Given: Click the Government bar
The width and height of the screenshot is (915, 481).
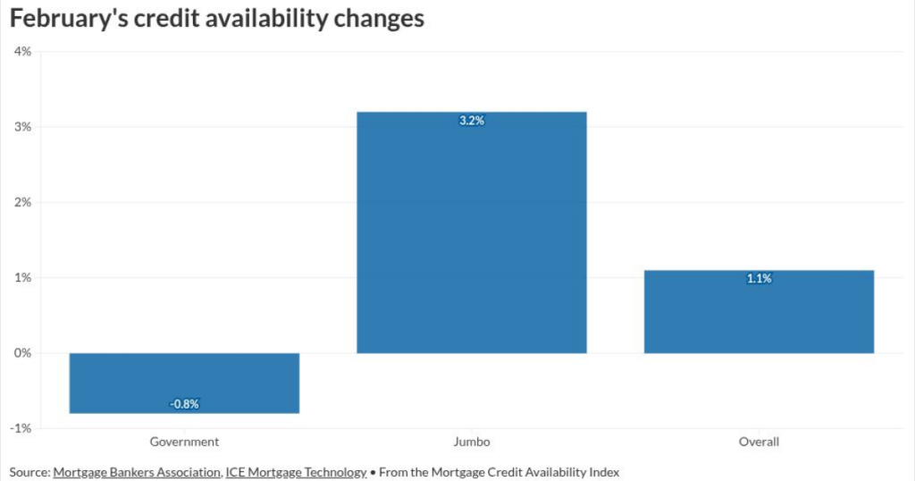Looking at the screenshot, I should (184, 383).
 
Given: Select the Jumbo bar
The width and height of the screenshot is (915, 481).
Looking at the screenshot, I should (472, 232).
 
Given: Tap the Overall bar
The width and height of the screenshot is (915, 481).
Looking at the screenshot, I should (759, 311).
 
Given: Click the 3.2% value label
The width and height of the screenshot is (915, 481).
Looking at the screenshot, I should (472, 121).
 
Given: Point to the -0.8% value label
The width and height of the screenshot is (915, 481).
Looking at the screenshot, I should (184, 404).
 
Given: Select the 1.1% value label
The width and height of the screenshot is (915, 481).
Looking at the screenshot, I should (759, 279).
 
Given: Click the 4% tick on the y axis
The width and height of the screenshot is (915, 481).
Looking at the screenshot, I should (22, 51).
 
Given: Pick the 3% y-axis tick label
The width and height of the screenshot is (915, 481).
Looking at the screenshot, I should (22, 127).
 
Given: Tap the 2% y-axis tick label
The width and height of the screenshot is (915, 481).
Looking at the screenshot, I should (22, 202).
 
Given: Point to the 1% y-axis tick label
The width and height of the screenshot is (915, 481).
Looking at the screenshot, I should (22, 277).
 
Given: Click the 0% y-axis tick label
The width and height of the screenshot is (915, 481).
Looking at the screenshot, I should (22, 353).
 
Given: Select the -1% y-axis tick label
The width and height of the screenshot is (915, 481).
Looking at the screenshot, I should (21, 428).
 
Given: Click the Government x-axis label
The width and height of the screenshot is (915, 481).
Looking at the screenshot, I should (184, 442).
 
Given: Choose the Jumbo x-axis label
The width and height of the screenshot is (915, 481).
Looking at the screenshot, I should (472, 442).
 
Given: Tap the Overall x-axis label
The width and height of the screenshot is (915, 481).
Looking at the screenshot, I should (759, 442).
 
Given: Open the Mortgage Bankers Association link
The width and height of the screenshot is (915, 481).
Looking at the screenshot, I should (136, 471).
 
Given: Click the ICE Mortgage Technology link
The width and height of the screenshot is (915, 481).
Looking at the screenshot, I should (295, 471).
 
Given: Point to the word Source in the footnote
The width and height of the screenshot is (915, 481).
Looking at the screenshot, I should (28, 471).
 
